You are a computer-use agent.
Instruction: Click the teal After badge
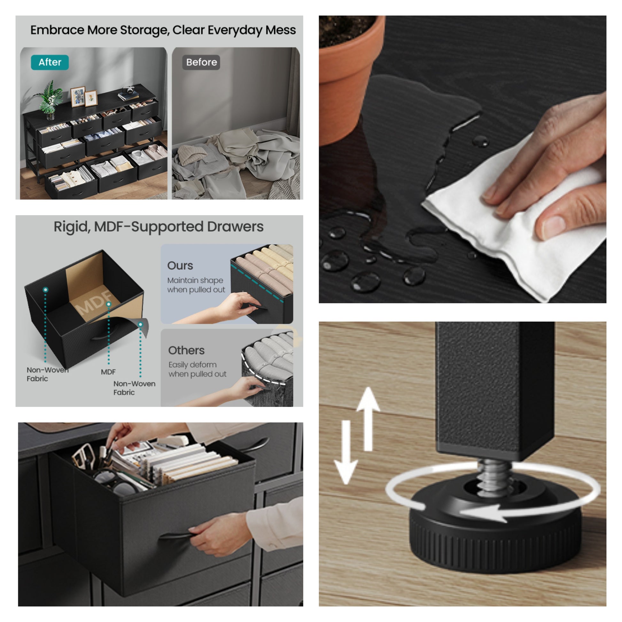click(50, 62)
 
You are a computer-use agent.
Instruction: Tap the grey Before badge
click(201, 62)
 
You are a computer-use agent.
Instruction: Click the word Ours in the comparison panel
click(180, 266)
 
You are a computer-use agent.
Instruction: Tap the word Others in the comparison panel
click(186, 350)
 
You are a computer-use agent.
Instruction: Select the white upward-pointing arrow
click(368, 418)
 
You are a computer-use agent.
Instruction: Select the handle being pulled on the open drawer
click(177, 536)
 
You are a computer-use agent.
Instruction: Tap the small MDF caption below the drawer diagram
click(108, 372)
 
